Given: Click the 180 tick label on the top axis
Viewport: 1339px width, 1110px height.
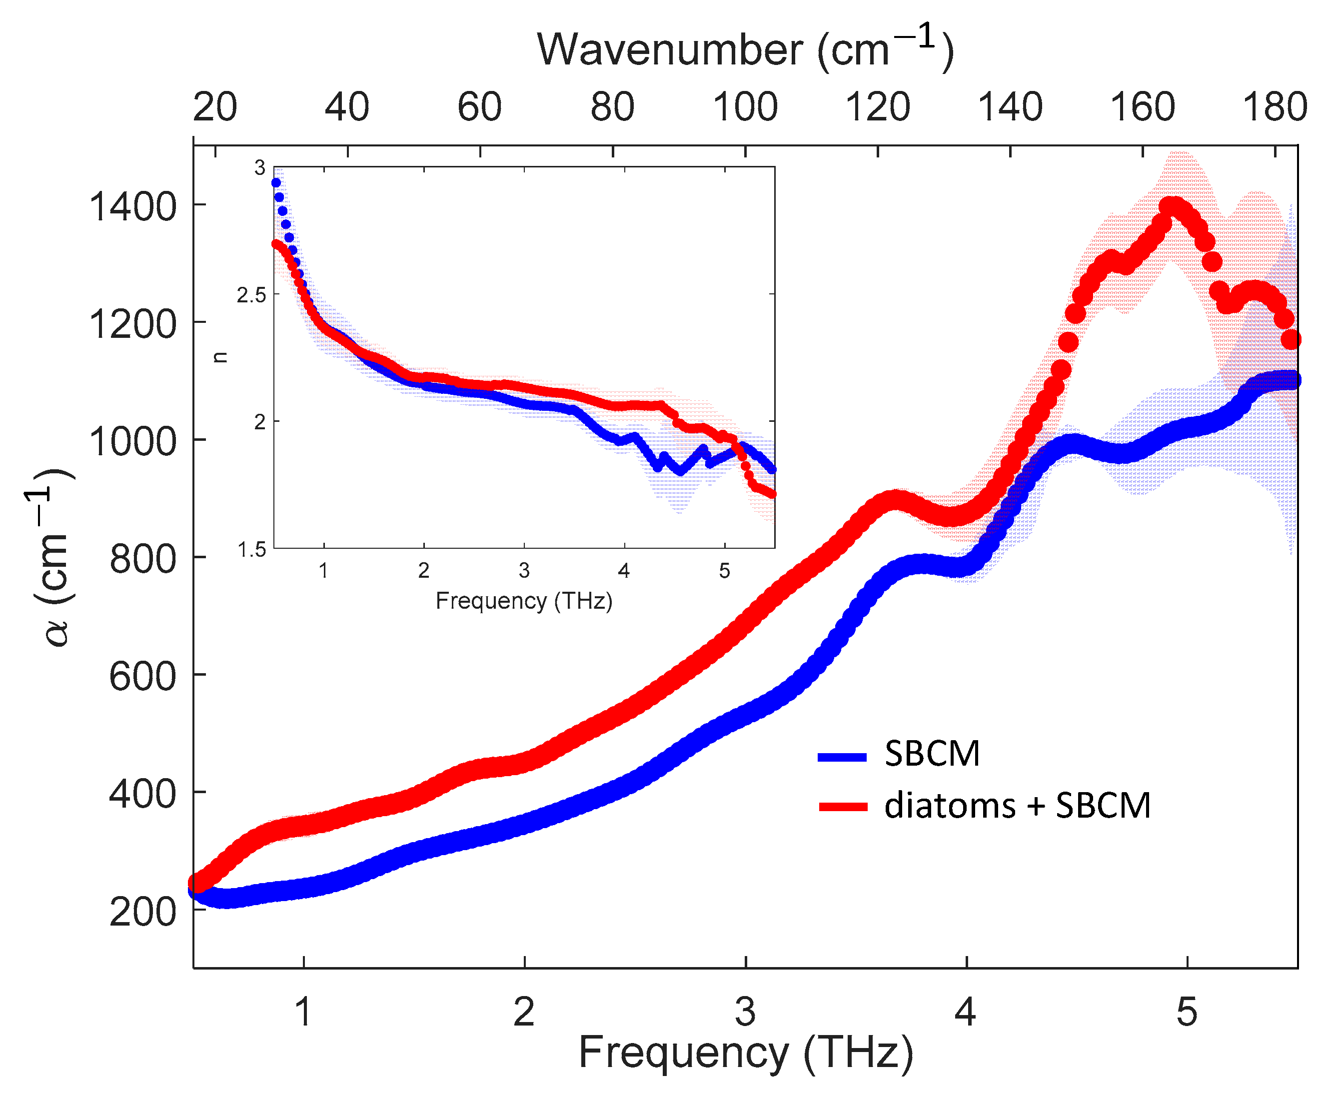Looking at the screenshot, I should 1275,106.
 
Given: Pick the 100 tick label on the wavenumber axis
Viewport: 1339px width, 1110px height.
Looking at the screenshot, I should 745,106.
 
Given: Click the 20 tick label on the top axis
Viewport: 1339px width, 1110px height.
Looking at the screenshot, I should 215,106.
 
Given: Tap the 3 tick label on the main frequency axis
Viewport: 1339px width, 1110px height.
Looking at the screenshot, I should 745,1012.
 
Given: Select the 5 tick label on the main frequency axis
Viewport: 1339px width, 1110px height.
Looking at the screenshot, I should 1187,1012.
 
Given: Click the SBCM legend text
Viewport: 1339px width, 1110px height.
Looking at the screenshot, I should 932,754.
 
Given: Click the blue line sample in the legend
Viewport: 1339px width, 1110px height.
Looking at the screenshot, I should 842,757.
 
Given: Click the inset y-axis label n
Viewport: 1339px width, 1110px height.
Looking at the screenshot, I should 220,357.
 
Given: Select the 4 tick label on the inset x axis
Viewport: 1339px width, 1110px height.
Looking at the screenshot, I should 624,571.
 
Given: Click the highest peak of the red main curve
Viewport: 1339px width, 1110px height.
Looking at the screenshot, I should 1172,205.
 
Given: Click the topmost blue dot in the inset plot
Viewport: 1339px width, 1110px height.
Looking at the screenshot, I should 276,183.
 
